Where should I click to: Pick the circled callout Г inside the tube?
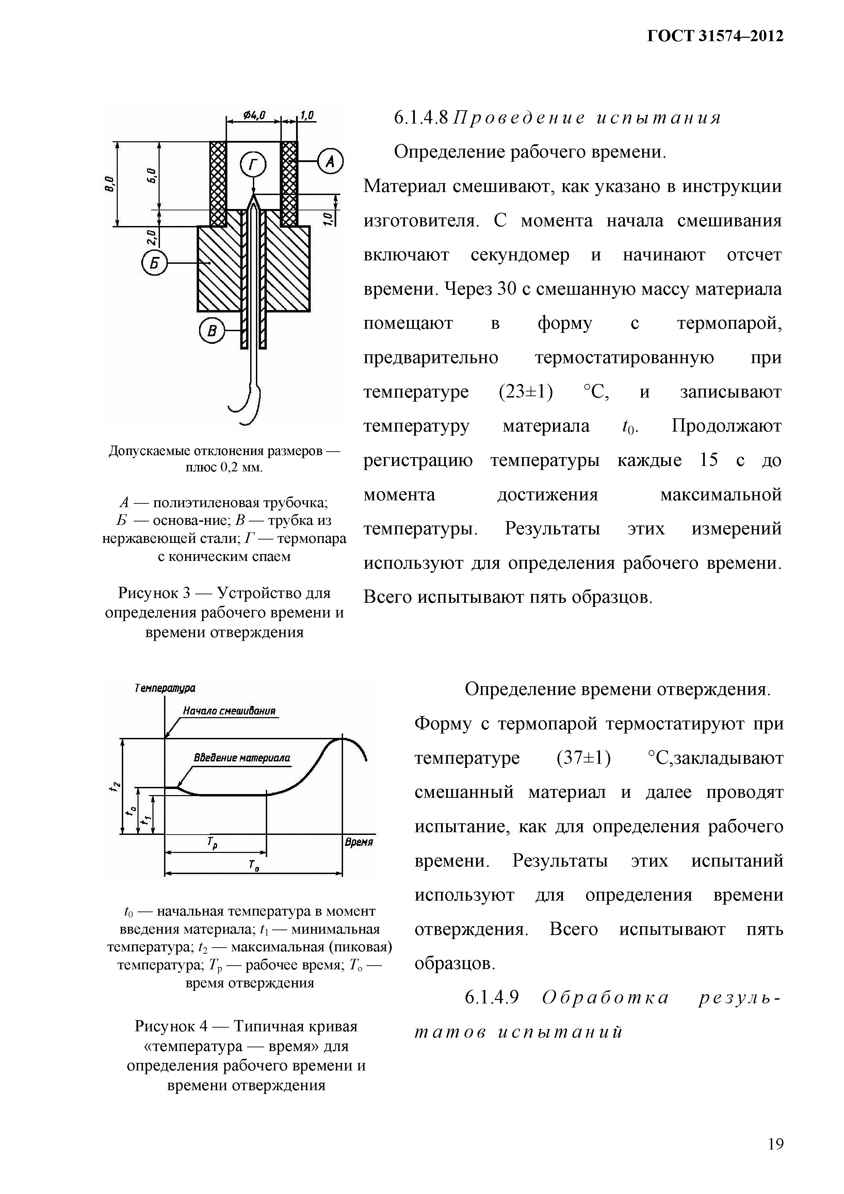click(253, 164)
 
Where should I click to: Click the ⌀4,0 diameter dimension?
click(254, 114)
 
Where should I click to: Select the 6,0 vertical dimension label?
click(151, 175)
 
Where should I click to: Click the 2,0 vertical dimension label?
click(151, 237)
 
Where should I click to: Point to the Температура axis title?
click(164, 688)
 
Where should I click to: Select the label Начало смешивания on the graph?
click(229, 711)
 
